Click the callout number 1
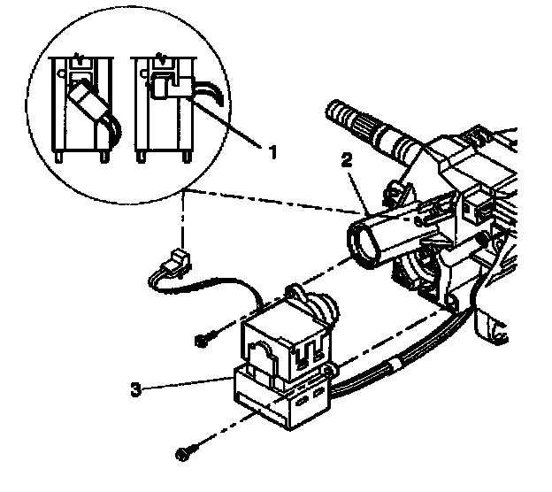click(272, 151)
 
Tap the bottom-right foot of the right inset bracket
click(188, 158)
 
